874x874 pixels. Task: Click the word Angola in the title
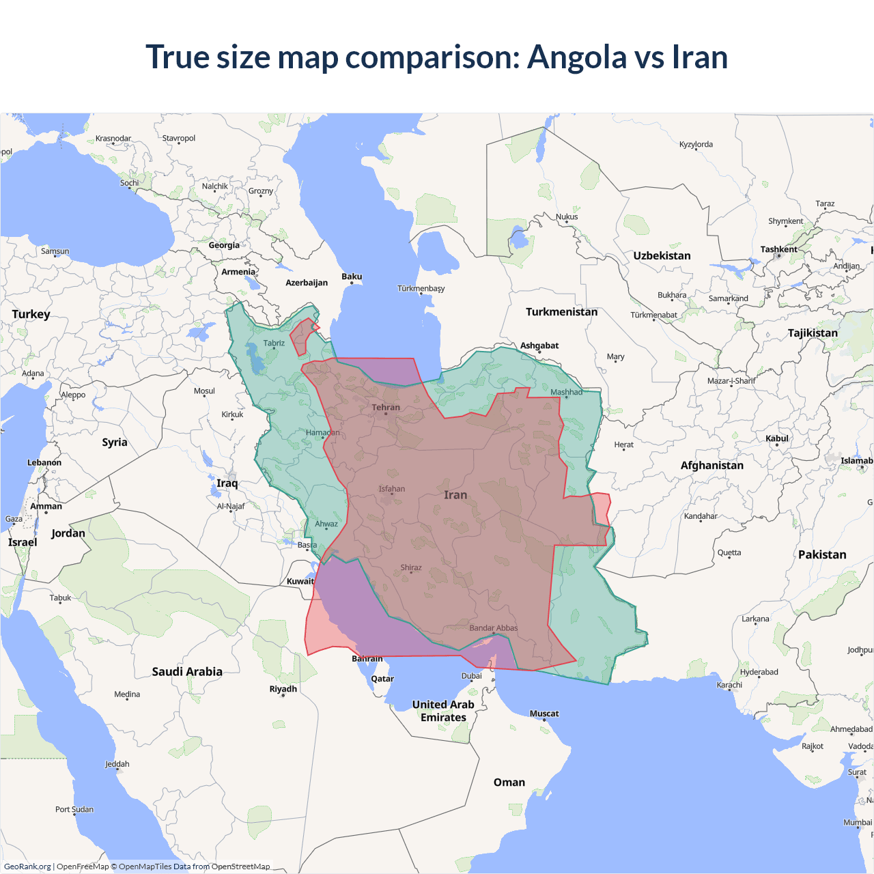pyautogui.click(x=576, y=57)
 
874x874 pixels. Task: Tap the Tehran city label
pyautogui.click(x=386, y=408)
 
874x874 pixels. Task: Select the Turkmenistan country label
pyautogui.click(x=561, y=312)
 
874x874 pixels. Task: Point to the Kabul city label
pyautogui.click(x=777, y=438)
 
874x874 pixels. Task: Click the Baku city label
pyautogui.click(x=352, y=277)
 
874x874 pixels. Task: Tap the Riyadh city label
pyautogui.click(x=283, y=689)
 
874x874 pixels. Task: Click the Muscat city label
pyautogui.click(x=544, y=714)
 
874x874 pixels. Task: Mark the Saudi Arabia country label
pyautogui.click(x=187, y=672)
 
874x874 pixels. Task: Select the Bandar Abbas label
pyautogui.click(x=493, y=628)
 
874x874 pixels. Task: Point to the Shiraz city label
pyautogui.click(x=411, y=567)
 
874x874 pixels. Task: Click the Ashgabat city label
pyautogui.click(x=539, y=346)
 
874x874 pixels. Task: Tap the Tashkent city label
pyautogui.click(x=778, y=249)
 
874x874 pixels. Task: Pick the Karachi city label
pyautogui.click(x=729, y=685)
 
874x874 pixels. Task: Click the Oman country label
pyautogui.click(x=509, y=783)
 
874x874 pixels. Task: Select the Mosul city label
pyautogui.click(x=204, y=391)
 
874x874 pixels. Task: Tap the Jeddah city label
pyautogui.click(x=117, y=764)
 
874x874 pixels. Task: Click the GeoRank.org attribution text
pyautogui.click(x=27, y=866)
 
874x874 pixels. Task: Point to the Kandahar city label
pyautogui.click(x=701, y=516)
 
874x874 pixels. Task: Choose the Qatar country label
pyautogui.click(x=382, y=679)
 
